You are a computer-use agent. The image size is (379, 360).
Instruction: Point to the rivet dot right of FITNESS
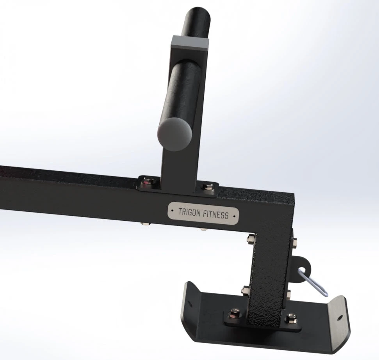pos(233,215)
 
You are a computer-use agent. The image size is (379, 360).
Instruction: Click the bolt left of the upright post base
pos(149,181)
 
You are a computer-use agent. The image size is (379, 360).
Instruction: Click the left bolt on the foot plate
pos(235,312)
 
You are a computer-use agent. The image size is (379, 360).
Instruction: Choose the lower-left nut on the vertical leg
pos(246,290)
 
